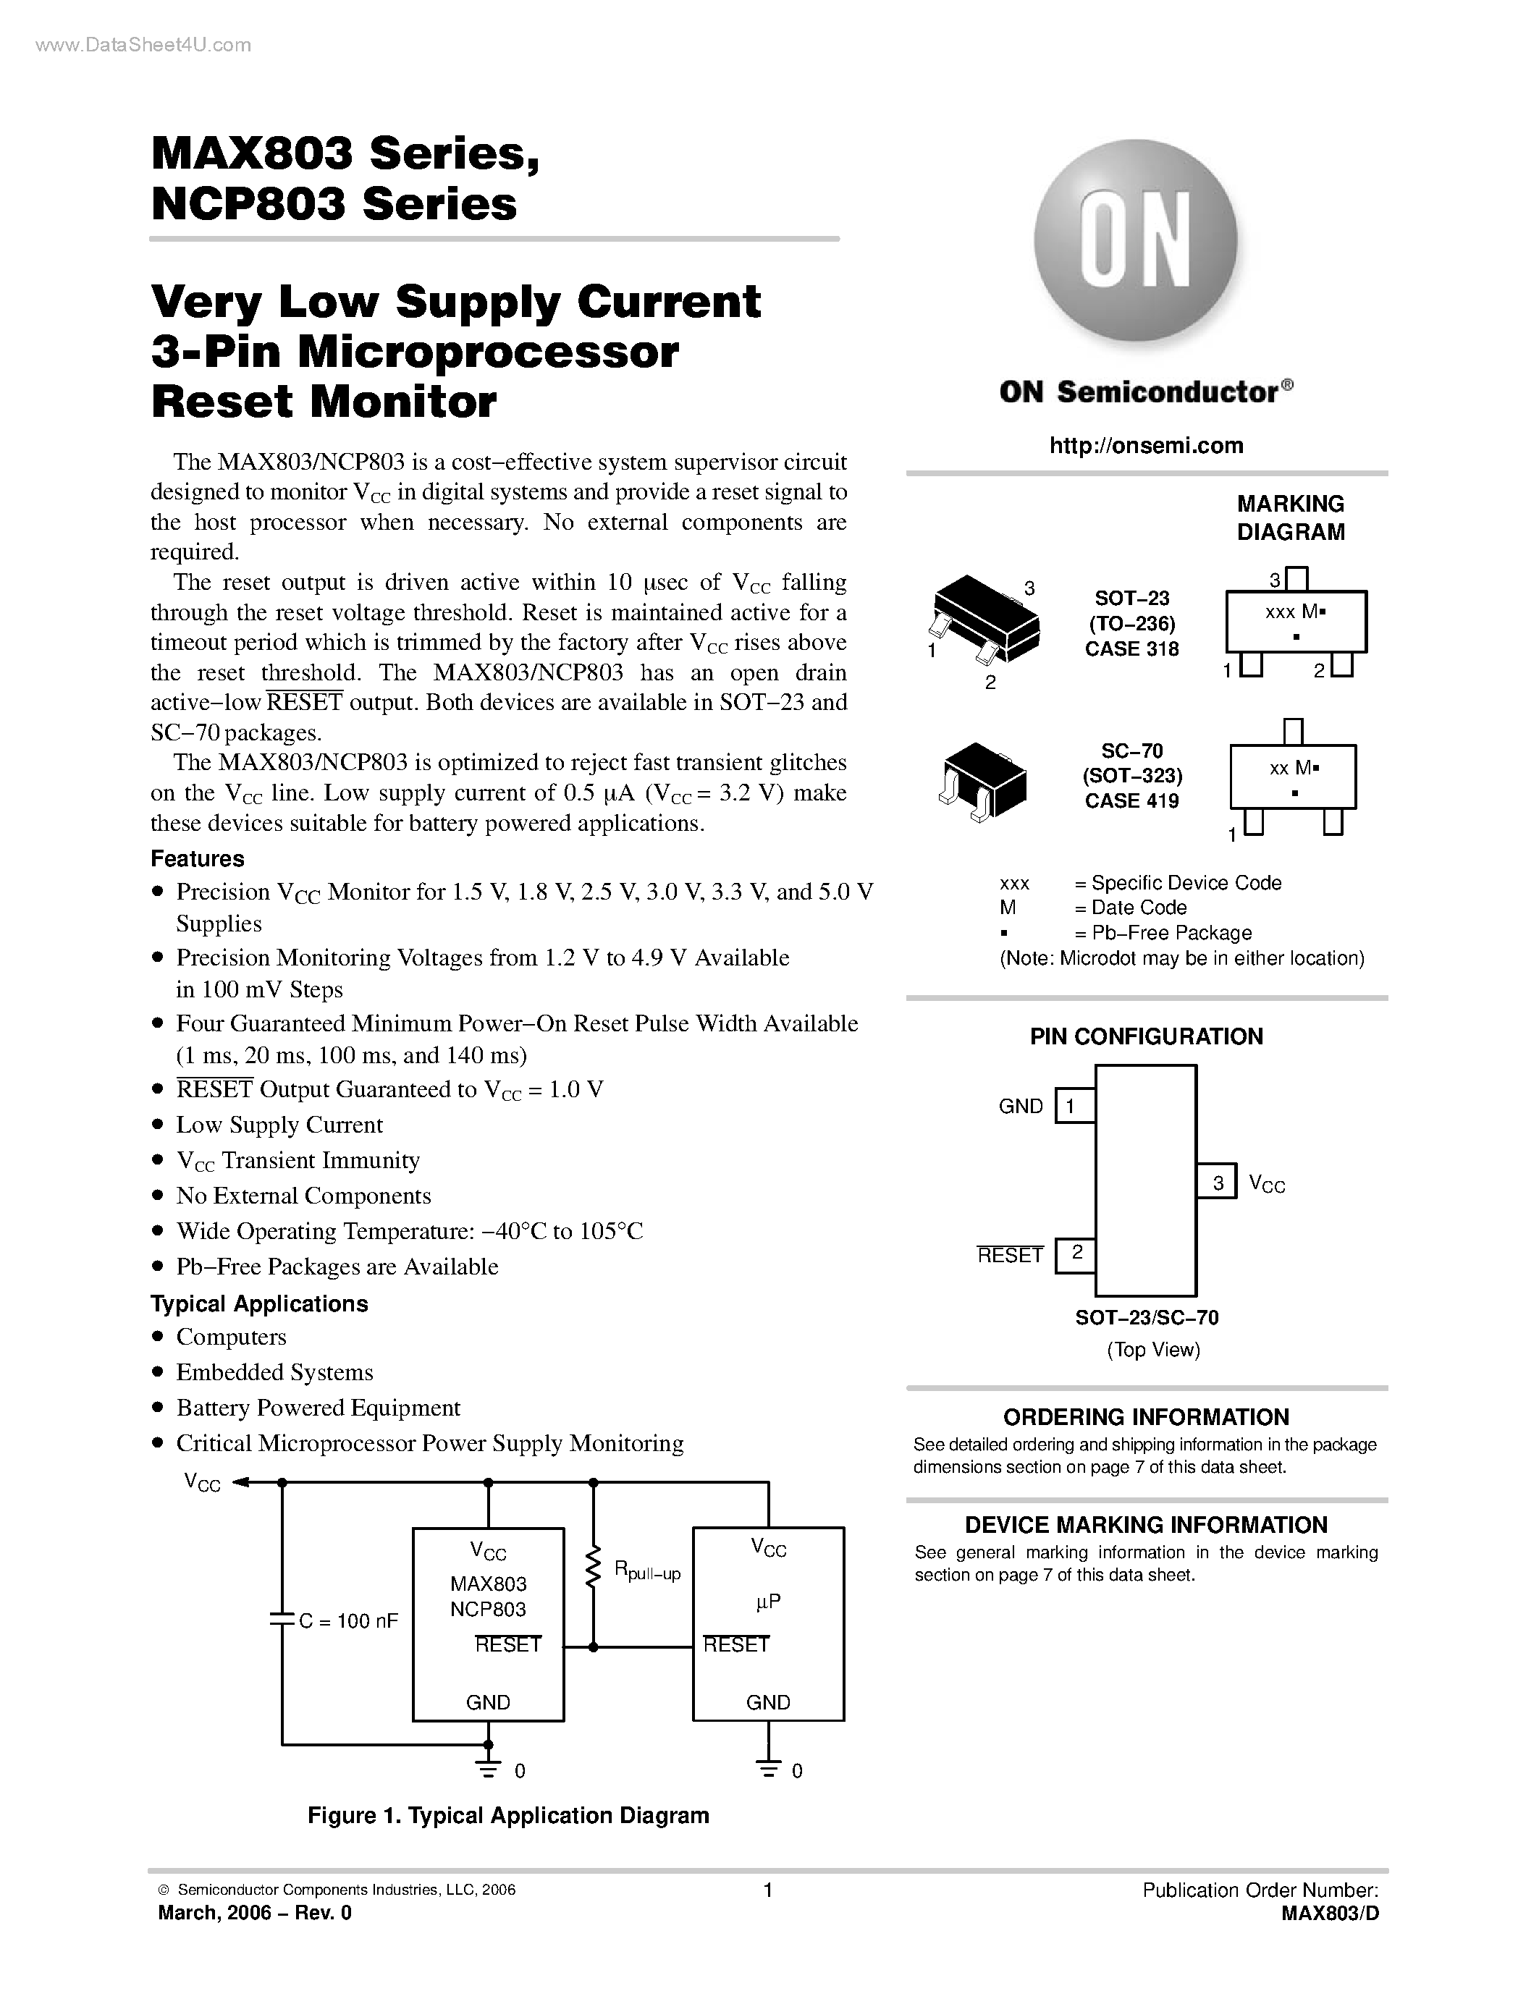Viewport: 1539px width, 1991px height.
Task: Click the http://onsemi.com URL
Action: (1146, 445)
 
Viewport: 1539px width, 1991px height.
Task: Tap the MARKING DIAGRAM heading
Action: (1290, 517)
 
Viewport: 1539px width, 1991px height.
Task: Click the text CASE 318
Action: (1131, 649)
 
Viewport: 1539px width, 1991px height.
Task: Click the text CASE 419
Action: (1131, 800)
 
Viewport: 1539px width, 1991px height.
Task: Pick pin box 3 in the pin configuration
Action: (1217, 1183)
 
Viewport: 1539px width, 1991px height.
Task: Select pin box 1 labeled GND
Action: (1075, 1106)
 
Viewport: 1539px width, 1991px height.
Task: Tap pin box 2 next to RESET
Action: (1075, 1254)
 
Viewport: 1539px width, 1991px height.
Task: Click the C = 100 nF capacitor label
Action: (347, 1621)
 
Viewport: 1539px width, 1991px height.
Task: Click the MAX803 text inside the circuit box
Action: (488, 1584)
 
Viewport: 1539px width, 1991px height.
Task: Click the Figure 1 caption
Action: (508, 1815)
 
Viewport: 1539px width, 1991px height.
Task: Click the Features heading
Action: (197, 859)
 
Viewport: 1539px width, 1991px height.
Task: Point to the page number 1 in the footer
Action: (767, 1890)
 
